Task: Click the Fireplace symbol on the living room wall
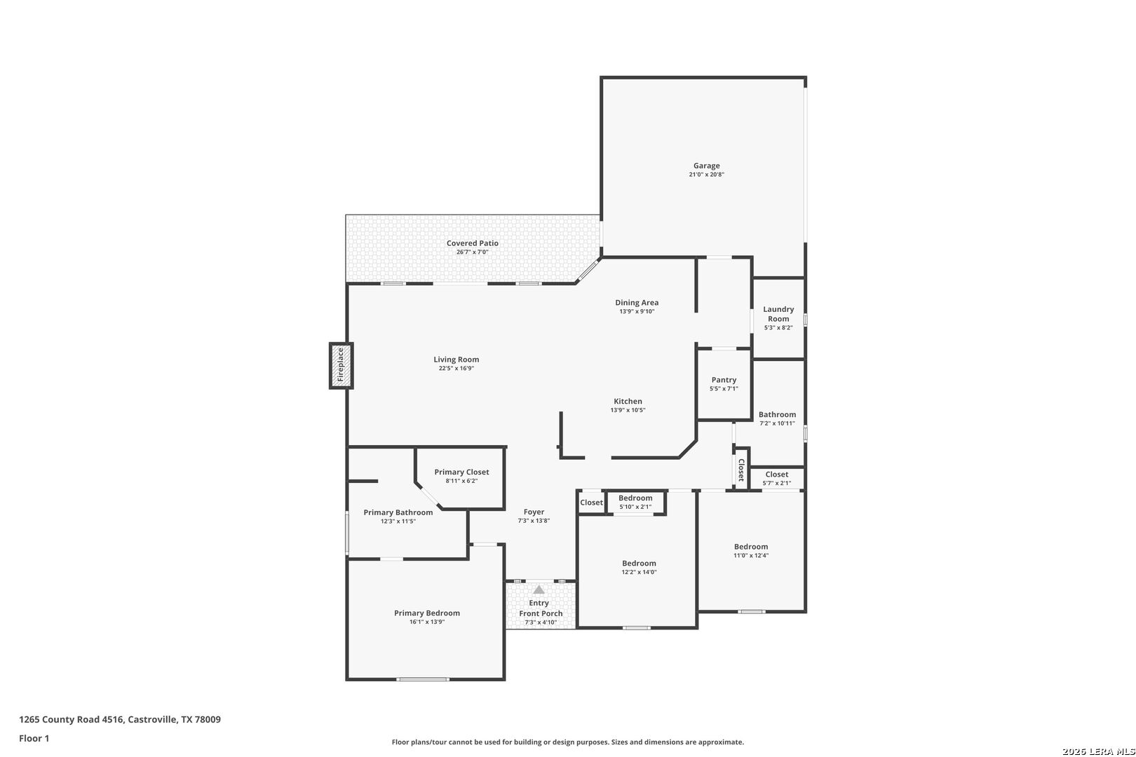[341, 366]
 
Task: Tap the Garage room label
[706, 166]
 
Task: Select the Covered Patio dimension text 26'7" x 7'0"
[472, 252]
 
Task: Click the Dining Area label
[637, 303]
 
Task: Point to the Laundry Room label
[778, 314]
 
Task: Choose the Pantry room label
[724, 380]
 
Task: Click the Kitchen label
[628, 401]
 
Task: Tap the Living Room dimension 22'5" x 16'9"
[457, 368]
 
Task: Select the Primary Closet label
[461, 472]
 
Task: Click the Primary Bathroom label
[398, 512]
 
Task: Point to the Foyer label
[534, 512]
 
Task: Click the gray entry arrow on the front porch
[539, 589]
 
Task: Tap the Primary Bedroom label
[427, 613]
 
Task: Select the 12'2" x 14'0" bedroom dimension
[639, 572]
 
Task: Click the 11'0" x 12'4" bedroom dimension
[751, 555]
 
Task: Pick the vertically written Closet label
[741, 470]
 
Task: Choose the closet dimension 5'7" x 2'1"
[777, 483]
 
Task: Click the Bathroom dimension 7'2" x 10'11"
[777, 423]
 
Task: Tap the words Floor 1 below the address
[34, 738]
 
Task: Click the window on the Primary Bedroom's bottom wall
[423, 679]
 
